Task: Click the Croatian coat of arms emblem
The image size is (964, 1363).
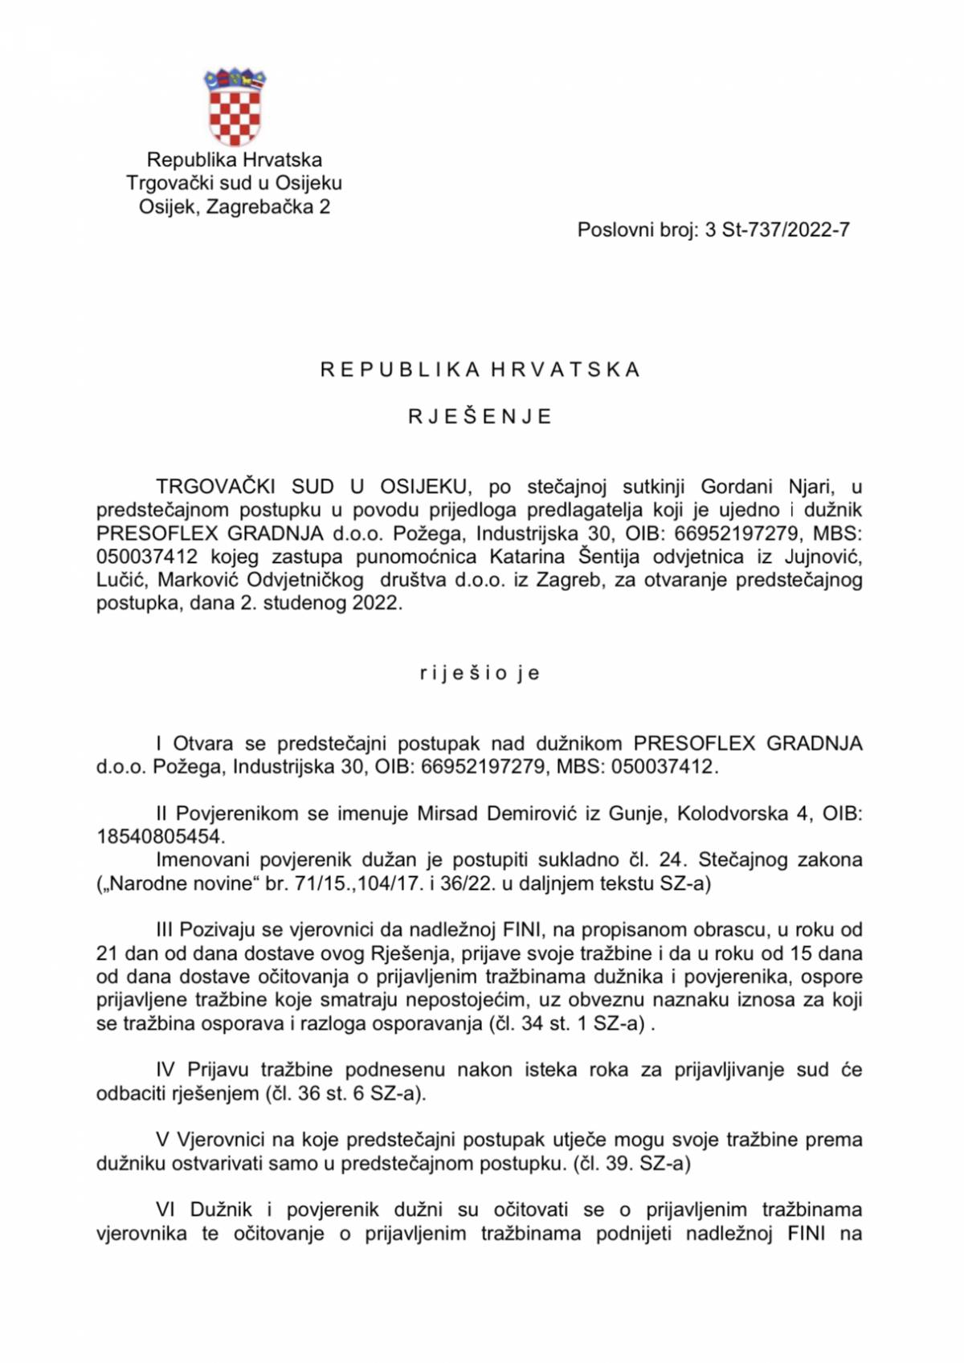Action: (x=235, y=107)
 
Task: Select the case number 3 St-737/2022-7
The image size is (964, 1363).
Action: (x=777, y=231)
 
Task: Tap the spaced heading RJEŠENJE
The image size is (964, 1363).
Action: (x=480, y=417)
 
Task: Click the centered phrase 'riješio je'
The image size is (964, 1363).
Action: (x=480, y=673)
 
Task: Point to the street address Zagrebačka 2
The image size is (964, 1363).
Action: (x=268, y=207)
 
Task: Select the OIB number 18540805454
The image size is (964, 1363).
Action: (x=158, y=837)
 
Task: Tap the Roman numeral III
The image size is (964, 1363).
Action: (x=164, y=930)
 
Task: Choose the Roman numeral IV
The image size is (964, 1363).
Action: (x=165, y=1070)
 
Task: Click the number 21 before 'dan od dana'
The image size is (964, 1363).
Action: (x=107, y=953)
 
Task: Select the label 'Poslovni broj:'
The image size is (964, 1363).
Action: (x=637, y=231)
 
